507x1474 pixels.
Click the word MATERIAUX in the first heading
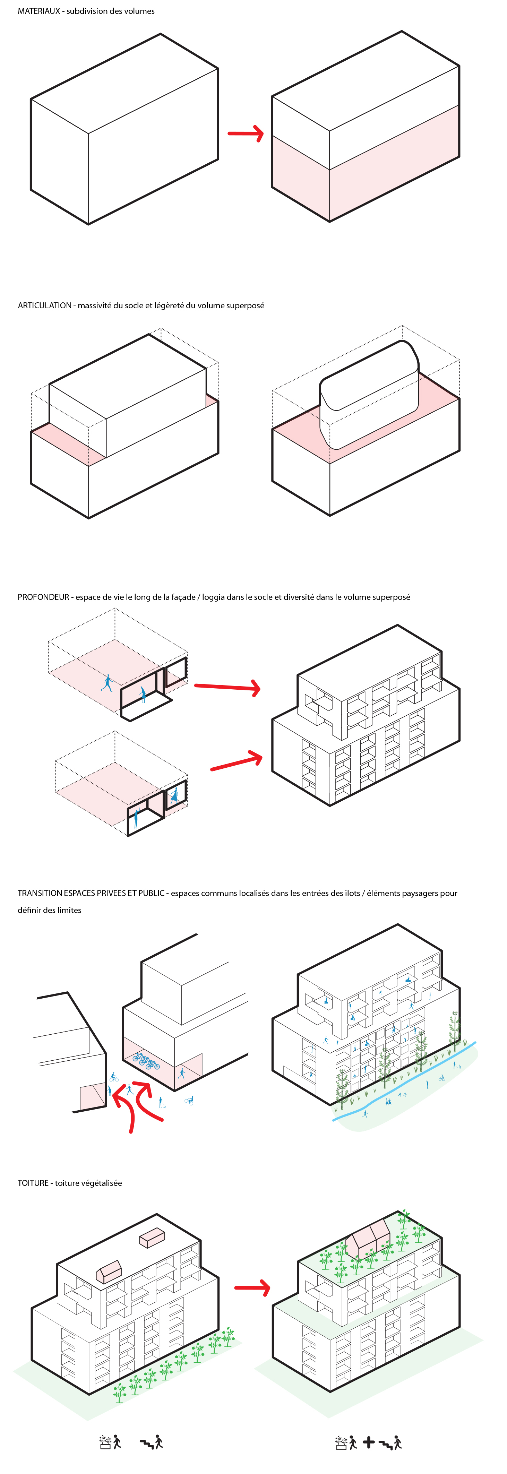(x=38, y=11)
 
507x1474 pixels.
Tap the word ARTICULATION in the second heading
(x=44, y=305)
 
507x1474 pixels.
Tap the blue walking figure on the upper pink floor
(x=107, y=683)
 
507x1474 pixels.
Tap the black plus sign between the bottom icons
(x=369, y=1442)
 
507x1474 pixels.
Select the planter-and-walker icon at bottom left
(x=110, y=1442)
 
